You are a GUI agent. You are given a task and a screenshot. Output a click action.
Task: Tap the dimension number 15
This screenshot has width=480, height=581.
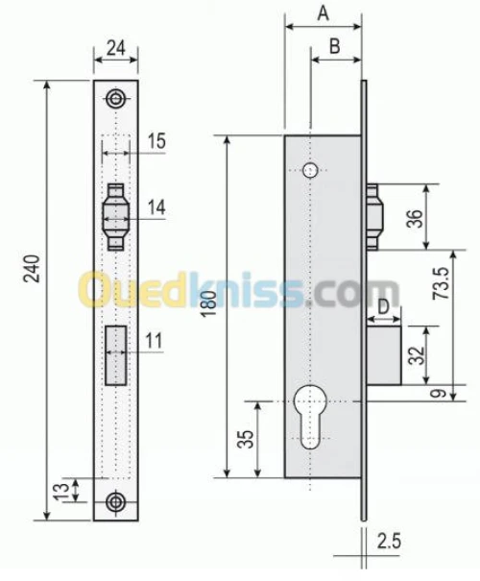point(156,141)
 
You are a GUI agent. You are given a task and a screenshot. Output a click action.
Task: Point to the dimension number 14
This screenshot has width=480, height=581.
point(156,206)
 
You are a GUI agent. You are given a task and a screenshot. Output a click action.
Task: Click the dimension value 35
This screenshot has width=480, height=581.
point(246,438)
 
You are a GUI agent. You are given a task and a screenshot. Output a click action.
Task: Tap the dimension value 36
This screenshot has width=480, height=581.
point(415,216)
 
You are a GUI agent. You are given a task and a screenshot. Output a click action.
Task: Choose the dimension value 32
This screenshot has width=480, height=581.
point(417,354)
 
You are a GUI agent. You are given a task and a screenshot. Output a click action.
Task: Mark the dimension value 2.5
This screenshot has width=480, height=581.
point(388,542)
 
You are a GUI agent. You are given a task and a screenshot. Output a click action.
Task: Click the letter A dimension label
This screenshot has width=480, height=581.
point(323,12)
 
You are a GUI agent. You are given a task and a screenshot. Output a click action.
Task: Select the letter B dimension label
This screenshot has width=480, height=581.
point(335,45)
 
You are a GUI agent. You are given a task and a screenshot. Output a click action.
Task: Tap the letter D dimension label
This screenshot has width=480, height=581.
point(383,306)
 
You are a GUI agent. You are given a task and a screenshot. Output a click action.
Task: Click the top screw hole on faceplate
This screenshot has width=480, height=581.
point(116,99)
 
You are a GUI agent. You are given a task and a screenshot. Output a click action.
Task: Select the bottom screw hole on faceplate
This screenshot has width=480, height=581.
point(116,500)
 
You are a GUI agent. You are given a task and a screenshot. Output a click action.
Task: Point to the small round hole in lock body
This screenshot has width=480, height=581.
point(309,170)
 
